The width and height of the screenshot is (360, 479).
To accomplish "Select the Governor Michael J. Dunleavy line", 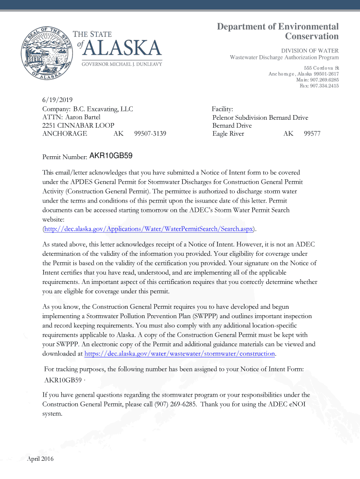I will tap(122, 64).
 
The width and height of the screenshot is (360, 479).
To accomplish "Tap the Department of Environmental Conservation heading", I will tap(278, 31).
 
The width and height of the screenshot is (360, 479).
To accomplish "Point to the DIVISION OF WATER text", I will tap(310, 51).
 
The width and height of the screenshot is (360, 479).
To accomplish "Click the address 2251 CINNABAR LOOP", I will tap(78, 125).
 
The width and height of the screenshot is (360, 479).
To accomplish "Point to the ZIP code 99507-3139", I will tap(150, 134).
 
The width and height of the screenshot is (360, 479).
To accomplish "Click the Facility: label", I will tap(223, 109).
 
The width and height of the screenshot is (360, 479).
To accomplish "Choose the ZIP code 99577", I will tap(312, 134).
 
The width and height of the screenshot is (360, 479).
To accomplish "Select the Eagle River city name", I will tap(228, 134).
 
